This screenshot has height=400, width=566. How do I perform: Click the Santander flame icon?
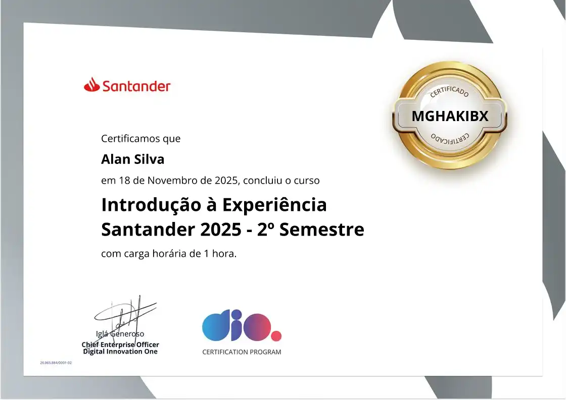point(91,85)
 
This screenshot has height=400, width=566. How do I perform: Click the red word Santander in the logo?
point(136,86)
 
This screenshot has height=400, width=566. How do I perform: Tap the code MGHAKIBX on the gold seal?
point(450,116)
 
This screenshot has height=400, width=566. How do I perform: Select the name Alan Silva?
point(132,159)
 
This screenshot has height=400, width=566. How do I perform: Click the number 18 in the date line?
point(124,180)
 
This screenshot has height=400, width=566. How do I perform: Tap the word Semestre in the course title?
point(321,230)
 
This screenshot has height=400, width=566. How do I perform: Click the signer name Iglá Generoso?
point(120,334)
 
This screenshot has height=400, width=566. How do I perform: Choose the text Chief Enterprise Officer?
point(120,345)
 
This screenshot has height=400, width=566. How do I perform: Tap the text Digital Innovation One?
point(120,352)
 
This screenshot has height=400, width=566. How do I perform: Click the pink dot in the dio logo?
point(275,336)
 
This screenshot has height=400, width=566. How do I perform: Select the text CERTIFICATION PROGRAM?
point(242,352)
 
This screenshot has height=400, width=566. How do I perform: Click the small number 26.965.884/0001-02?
point(56,363)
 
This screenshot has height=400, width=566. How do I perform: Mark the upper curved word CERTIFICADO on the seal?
point(449,91)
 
